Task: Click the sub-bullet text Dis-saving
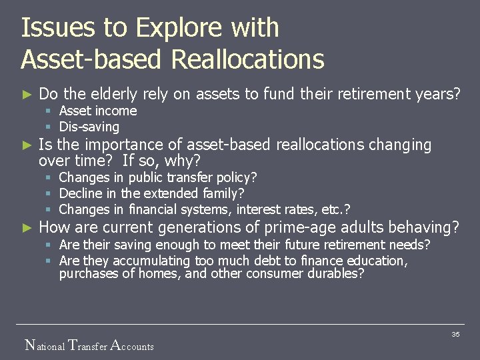click(89, 127)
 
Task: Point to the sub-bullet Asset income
click(98, 111)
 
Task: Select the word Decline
click(81, 193)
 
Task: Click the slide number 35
click(455, 334)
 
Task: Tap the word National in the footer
click(45, 345)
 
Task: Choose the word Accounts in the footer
click(131, 345)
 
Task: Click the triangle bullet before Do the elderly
click(27, 94)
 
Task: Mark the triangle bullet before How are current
click(27, 227)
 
